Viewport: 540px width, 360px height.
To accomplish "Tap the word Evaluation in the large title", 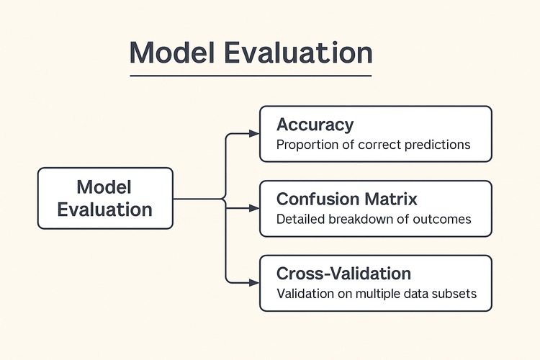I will click(x=302, y=54).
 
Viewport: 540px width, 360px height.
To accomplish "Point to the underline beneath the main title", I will click(x=251, y=76).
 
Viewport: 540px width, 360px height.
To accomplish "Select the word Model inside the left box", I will click(x=104, y=187).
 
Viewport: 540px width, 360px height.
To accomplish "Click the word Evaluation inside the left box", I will click(x=104, y=210).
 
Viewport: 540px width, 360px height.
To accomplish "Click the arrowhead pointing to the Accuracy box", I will click(x=253, y=134).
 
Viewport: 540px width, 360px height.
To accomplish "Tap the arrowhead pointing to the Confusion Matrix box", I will click(x=253, y=208).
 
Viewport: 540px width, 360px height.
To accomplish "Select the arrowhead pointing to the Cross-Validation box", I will click(x=253, y=282).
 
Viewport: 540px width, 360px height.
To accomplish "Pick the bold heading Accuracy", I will click(x=315, y=125).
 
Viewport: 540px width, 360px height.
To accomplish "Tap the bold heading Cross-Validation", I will click(x=343, y=274).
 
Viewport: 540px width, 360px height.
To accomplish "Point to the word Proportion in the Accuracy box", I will click(x=307, y=145).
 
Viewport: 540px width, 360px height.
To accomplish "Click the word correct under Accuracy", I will click(x=377, y=145).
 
